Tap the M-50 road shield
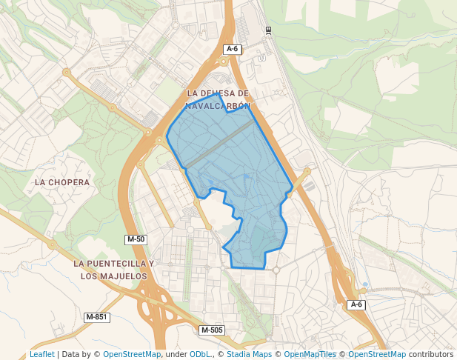[x=136, y=239]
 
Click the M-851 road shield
[x=96, y=317]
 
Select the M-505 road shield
[x=212, y=330]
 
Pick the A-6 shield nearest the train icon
[x=233, y=49]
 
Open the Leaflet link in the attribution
[x=41, y=354]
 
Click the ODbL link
[x=201, y=354]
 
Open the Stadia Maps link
[x=249, y=354]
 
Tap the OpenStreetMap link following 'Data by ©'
[x=132, y=354]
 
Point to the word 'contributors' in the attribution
[x=431, y=354]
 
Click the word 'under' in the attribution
[x=176, y=354]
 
